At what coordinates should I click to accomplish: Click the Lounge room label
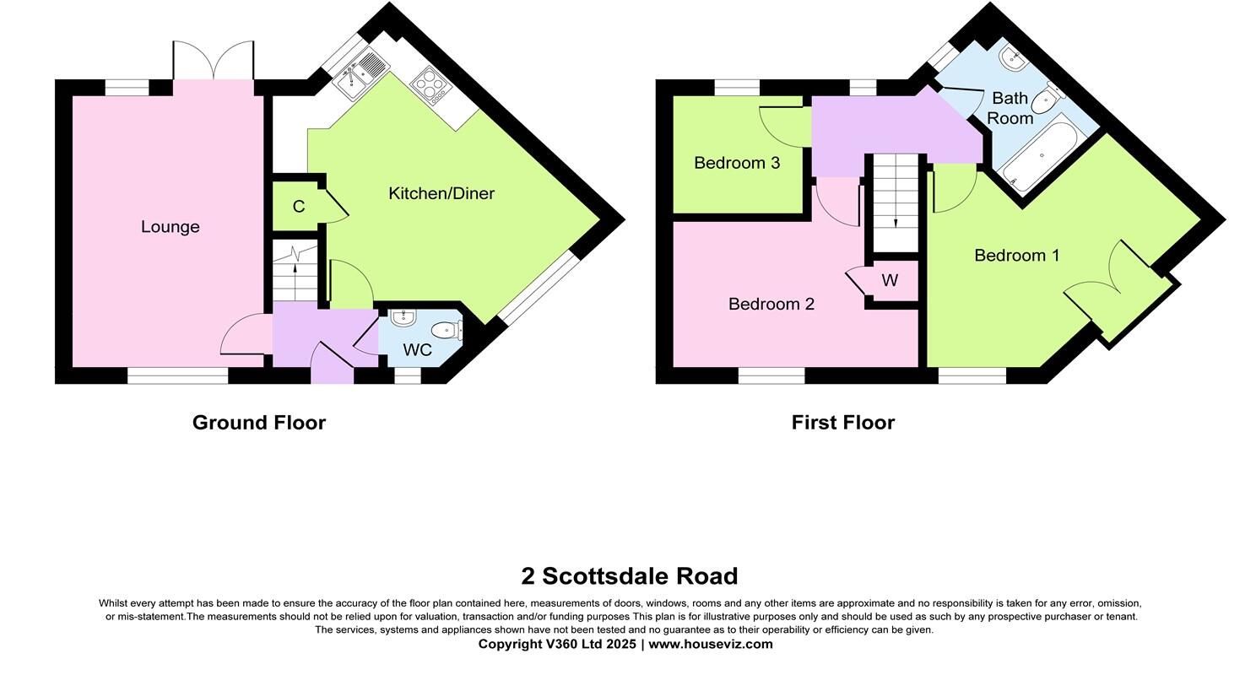pyautogui.click(x=170, y=226)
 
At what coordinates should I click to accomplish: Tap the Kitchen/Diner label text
pyautogui.click(x=441, y=193)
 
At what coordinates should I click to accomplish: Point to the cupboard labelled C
pyautogui.click(x=298, y=207)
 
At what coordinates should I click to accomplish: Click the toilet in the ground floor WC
pyautogui.click(x=445, y=330)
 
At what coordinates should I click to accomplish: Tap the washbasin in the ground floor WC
pyautogui.click(x=403, y=318)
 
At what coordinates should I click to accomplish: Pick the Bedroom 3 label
pyautogui.click(x=736, y=163)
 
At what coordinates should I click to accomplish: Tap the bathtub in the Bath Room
pyautogui.click(x=1040, y=155)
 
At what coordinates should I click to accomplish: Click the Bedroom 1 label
pyautogui.click(x=1016, y=255)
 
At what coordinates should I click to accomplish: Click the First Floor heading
pyautogui.click(x=842, y=422)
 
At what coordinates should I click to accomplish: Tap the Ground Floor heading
pyautogui.click(x=258, y=422)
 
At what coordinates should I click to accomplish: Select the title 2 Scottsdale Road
pyautogui.click(x=629, y=576)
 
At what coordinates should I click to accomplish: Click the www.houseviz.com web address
pyautogui.click(x=710, y=644)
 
